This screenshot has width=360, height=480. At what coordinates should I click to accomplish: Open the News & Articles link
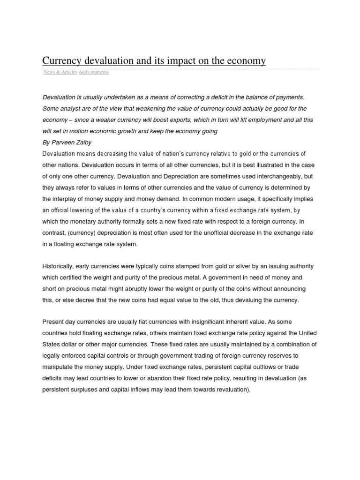coord(60,72)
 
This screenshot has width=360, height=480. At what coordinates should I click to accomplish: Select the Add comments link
coord(94,72)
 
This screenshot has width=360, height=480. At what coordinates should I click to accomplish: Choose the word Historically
coord(59,266)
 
